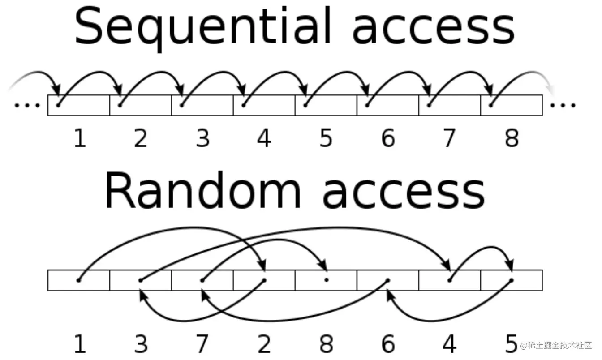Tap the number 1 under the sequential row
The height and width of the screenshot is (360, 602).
[x=79, y=138]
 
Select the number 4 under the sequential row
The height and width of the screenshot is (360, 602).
[x=264, y=138]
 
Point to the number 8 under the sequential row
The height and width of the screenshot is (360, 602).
[x=512, y=138]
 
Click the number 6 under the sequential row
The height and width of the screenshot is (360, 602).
[x=388, y=138]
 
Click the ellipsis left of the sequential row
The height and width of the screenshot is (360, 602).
[x=27, y=106]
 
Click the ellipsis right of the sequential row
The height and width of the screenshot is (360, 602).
[x=563, y=106]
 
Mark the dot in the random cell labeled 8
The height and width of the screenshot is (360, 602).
[x=327, y=280]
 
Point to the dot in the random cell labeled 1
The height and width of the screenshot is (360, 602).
[x=79, y=280]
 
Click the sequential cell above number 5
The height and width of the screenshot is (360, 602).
[x=326, y=105]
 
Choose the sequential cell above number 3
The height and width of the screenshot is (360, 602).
[x=202, y=105]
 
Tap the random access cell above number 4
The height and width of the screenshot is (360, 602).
[x=450, y=280]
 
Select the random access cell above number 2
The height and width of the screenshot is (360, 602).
[x=264, y=280]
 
